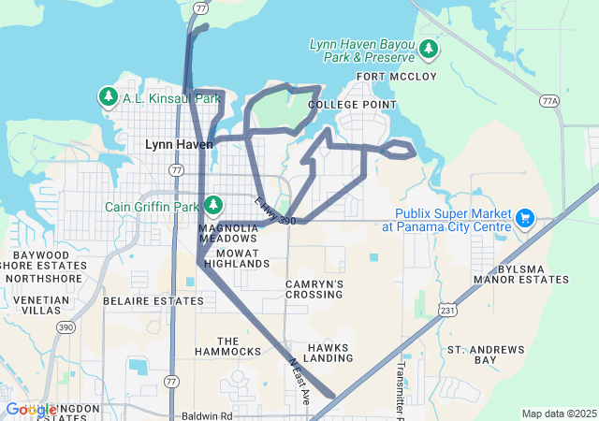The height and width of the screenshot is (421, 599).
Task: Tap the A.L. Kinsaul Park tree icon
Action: tap(108, 96)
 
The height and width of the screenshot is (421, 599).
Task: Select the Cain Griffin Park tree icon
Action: tap(213, 205)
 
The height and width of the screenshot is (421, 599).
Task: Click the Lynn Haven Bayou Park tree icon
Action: tap(429, 47)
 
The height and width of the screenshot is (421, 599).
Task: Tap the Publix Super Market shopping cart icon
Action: tap(525, 219)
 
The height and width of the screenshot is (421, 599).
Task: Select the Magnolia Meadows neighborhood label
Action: tap(227, 233)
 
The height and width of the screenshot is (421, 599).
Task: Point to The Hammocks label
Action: tap(227, 345)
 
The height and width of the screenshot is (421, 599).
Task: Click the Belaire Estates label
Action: tap(140, 301)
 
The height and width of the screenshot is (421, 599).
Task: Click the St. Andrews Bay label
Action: tap(486, 355)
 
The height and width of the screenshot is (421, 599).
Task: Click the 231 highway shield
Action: tap(449, 311)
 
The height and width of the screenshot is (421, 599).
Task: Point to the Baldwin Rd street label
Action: tap(206, 414)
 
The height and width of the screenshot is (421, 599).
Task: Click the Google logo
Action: tap(31, 410)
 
